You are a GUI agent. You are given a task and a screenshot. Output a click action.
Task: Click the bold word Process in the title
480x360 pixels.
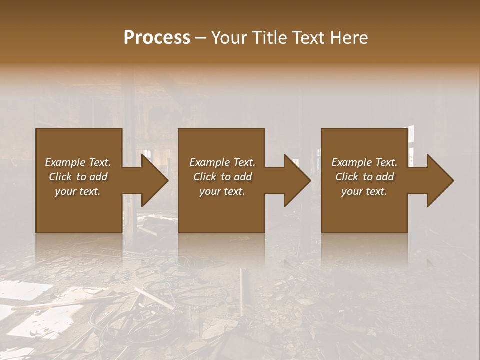pos(157,38)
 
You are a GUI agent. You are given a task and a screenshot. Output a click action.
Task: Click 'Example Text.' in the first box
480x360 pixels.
pos(78,162)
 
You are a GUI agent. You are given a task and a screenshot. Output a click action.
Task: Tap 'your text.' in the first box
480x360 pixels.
pos(78,191)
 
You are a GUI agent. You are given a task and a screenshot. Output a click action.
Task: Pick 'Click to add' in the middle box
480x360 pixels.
pos(222,177)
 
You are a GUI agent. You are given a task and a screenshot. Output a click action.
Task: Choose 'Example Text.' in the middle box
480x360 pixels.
pos(222,162)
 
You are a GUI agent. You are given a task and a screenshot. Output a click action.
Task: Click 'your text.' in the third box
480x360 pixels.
pos(364,191)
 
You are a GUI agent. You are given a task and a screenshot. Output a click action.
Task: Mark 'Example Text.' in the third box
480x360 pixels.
pos(364,162)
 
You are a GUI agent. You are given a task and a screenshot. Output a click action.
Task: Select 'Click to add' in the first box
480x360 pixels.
pos(78,177)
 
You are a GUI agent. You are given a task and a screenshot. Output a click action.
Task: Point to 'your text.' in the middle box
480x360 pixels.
pos(222,191)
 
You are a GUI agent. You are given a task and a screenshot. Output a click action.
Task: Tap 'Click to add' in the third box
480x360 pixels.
pos(364,177)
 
